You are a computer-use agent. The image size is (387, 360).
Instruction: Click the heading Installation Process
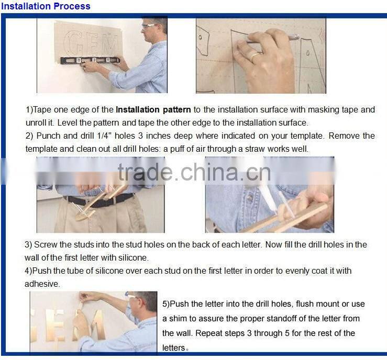(x=46, y=6)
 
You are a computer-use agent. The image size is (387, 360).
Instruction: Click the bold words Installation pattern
(x=153, y=109)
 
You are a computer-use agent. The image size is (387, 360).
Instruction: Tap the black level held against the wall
(x=90, y=60)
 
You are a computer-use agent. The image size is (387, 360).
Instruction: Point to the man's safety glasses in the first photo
(x=149, y=26)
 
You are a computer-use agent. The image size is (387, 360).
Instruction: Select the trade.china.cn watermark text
(x=194, y=172)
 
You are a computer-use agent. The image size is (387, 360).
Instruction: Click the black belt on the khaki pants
(x=99, y=200)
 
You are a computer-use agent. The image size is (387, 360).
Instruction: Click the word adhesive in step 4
(x=42, y=284)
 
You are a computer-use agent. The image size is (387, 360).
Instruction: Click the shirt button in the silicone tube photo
(x=250, y=197)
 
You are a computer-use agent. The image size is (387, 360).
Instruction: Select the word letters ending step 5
(x=174, y=347)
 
